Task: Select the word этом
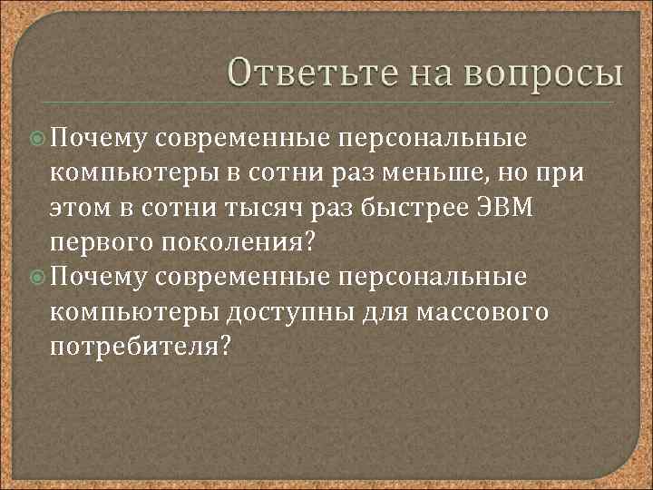(x=80, y=209)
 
